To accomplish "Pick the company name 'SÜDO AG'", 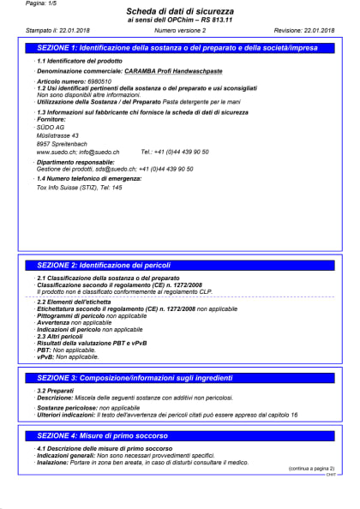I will click(51, 127).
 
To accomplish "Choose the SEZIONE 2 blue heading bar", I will click(179, 266).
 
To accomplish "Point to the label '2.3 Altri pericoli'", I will click(64, 336).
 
